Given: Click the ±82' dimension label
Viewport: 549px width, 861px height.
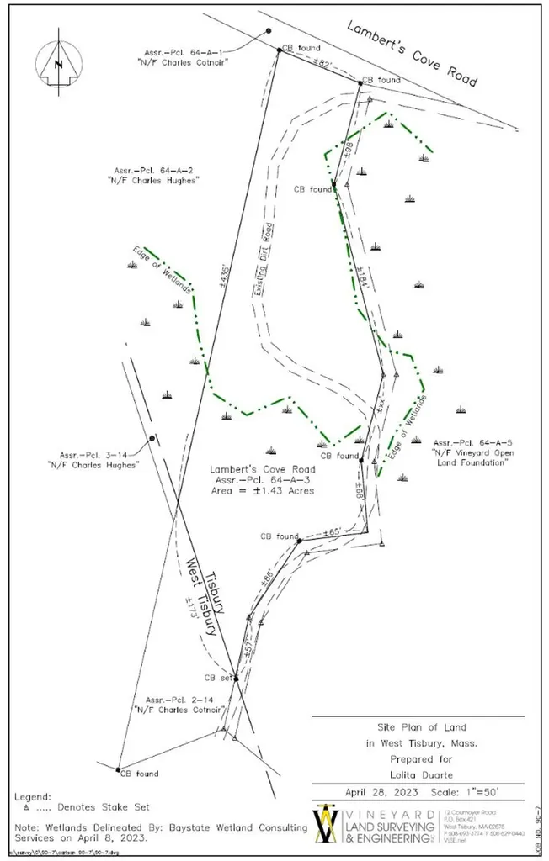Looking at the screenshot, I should click(322, 65).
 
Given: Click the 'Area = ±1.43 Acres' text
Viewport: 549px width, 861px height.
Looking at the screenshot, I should click(264, 491).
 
